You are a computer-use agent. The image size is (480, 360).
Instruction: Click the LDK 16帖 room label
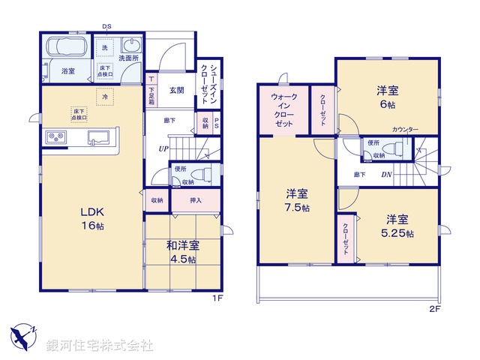(x=89, y=218)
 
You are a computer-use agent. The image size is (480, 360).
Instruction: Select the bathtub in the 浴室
(x=67, y=49)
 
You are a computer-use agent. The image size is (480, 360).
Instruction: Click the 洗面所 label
(x=129, y=58)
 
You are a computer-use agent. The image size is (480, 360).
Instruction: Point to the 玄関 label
(x=176, y=91)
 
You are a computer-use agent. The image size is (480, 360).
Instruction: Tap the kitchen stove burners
(x=58, y=136)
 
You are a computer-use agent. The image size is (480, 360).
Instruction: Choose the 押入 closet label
(x=196, y=200)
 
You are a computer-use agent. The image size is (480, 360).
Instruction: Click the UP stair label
(x=163, y=149)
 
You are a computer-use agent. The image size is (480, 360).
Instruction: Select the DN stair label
(x=385, y=174)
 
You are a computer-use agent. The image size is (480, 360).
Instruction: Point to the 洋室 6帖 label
(x=387, y=97)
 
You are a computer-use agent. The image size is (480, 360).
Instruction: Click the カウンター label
(x=405, y=130)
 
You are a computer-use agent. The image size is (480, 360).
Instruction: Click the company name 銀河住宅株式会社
(x=99, y=346)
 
